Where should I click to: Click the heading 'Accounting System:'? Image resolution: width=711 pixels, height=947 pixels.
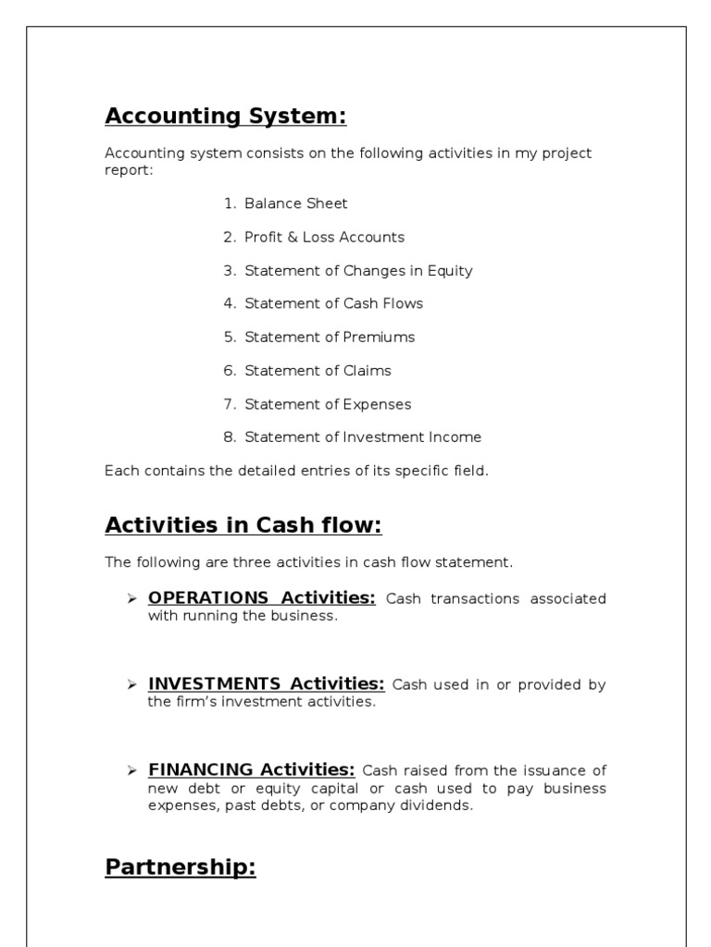click(226, 117)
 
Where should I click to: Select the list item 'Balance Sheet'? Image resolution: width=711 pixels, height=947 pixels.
click(295, 203)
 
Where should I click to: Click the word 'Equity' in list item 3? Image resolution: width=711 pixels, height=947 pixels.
click(449, 271)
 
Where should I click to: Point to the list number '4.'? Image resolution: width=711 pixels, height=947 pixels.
click(231, 304)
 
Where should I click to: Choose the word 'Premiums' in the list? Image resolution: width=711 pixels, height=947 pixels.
click(379, 338)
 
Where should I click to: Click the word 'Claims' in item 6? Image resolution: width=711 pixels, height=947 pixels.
click(368, 371)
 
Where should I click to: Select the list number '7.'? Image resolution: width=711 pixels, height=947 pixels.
click(231, 404)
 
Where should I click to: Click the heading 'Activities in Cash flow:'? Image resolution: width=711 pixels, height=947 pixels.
click(243, 525)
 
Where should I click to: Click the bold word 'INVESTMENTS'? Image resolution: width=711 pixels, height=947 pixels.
click(215, 683)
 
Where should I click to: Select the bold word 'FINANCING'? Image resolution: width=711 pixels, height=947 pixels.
click(201, 769)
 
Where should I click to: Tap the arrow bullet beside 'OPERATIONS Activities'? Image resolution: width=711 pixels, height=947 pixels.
click(131, 598)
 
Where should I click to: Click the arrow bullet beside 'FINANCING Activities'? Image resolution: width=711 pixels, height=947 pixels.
click(131, 770)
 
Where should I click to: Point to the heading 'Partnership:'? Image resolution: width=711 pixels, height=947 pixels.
click(181, 867)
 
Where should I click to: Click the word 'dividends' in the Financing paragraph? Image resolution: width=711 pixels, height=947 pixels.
click(438, 806)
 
